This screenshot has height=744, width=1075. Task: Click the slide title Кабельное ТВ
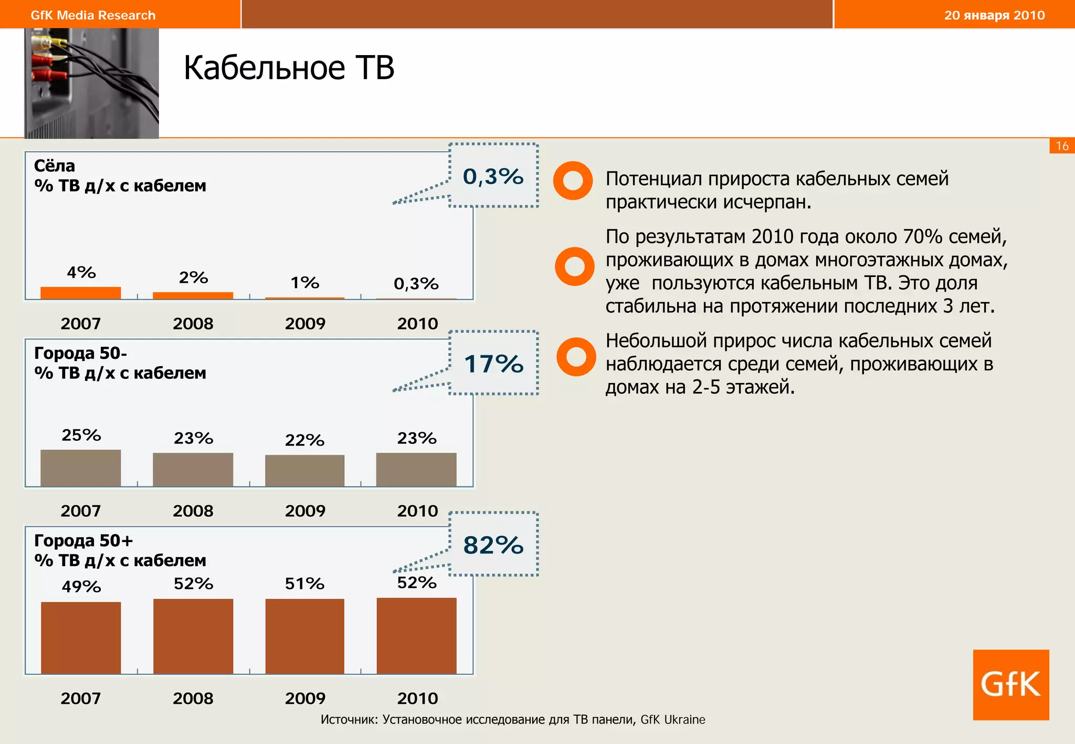[x=289, y=68]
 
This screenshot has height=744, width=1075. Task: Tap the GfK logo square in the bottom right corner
[x=1010, y=684]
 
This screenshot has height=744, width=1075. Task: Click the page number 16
[x=1062, y=146]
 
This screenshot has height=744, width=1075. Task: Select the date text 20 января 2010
[x=994, y=15]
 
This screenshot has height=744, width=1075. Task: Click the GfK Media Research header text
[x=93, y=15]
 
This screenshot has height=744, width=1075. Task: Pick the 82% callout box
[x=493, y=545]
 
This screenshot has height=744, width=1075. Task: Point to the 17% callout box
[x=493, y=363]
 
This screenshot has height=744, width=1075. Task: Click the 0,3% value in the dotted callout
[x=493, y=176]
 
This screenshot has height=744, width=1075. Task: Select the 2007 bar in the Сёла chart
[x=81, y=293]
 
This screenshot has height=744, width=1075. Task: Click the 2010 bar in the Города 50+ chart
[x=416, y=635]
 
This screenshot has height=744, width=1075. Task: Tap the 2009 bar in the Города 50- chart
[x=304, y=470]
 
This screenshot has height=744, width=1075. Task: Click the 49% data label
[x=81, y=586]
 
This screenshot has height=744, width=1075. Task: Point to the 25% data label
[x=81, y=435]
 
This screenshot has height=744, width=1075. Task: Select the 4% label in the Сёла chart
[x=81, y=272]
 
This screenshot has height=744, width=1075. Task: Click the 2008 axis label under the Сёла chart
[x=193, y=323]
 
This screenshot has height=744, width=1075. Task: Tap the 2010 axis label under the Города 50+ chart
[x=417, y=698]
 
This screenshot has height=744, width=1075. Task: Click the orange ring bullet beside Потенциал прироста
[x=573, y=180]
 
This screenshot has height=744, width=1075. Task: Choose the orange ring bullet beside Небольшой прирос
[x=576, y=357]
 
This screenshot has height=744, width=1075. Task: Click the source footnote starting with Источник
[x=512, y=719]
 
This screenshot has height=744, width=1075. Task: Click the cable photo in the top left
[x=92, y=83]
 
